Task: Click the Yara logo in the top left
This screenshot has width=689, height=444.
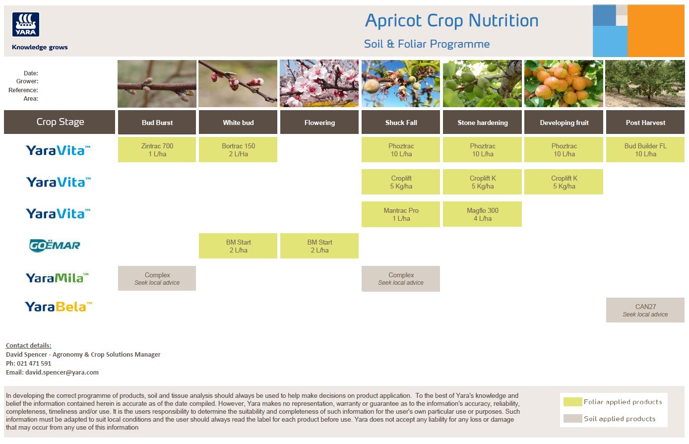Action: coord(26,25)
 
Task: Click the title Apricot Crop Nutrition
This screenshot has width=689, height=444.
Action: coord(451,21)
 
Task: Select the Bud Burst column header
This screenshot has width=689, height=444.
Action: coord(157,123)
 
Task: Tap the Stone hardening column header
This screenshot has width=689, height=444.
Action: coord(482,123)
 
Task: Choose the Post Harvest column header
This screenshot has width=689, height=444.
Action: coord(645,123)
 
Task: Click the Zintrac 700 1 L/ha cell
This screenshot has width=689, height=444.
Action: coord(157,150)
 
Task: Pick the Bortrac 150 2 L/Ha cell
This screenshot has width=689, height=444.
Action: coord(238,150)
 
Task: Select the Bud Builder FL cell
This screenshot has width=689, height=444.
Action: coord(645,150)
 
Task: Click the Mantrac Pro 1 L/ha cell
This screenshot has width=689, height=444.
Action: coord(401,214)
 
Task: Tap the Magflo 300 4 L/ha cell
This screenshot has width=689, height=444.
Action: coord(482,214)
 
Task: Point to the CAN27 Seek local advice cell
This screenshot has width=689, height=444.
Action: coord(645,310)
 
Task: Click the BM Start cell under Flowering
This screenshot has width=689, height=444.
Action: coord(319,246)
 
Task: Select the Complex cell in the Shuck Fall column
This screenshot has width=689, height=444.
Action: coord(401,278)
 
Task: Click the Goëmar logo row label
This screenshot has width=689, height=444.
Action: coord(55,245)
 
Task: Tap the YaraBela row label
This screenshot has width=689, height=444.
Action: coord(59,307)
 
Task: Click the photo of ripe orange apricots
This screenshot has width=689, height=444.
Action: coord(564,83)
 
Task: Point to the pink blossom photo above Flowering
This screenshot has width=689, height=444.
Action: coord(319,83)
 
